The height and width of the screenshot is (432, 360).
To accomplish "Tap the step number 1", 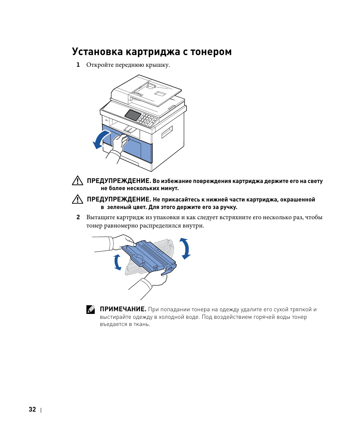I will click(78, 65).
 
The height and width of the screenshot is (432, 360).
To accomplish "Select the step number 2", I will click(78, 217).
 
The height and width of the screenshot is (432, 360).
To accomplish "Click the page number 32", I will click(32, 410).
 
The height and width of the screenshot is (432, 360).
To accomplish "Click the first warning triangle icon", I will click(77, 181).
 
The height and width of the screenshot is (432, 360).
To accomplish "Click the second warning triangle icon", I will click(77, 199).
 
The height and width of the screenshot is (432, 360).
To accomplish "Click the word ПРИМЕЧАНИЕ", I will click(123, 309).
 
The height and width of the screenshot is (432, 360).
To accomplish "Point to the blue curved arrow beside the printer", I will click(100, 140).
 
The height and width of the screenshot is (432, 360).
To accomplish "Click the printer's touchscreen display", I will click(132, 115).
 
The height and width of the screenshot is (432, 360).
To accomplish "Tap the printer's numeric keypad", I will click(148, 121).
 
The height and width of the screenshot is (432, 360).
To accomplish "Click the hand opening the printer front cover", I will click(118, 145).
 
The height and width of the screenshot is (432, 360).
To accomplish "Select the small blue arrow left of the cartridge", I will click(117, 262).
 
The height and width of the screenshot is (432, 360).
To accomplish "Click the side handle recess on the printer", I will click(167, 132).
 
